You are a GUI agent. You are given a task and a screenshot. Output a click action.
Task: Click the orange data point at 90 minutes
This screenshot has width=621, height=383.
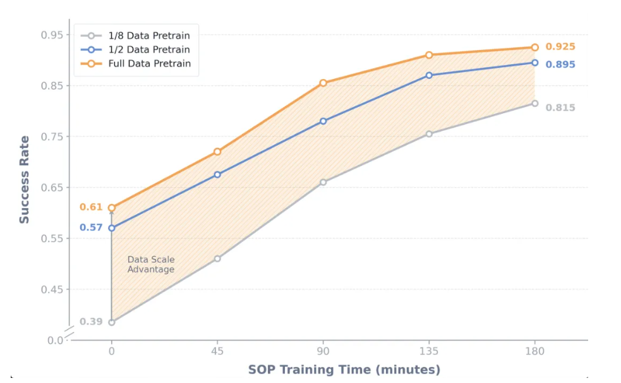(x=323, y=83)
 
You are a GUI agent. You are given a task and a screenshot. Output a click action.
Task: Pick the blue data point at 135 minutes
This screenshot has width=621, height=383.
(x=429, y=75)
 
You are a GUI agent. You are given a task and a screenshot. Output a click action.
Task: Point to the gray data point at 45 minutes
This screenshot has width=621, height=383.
(x=217, y=258)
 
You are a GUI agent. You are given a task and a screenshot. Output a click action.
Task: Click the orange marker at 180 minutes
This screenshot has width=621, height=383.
(x=534, y=47)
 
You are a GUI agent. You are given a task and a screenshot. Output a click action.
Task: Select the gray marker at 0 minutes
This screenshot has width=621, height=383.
(x=112, y=322)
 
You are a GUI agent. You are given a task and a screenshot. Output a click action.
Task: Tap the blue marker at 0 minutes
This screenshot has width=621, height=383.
(x=112, y=228)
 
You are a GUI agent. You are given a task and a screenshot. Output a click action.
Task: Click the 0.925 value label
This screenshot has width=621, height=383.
(x=560, y=47)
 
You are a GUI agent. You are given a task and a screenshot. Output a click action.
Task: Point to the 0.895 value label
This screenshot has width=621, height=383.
(x=560, y=64)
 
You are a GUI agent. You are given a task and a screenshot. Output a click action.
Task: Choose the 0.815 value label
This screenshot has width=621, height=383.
(x=560, y=108)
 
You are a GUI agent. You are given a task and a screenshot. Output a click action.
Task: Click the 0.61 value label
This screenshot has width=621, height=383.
(x=91, y=207)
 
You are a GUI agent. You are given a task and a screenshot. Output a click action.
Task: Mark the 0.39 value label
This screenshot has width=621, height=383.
(x=91, y=322)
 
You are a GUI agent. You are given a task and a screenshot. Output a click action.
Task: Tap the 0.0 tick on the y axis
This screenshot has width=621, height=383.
(x=56, y=341)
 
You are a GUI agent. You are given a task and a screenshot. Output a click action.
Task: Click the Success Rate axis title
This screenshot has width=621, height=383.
(x=25, y=179)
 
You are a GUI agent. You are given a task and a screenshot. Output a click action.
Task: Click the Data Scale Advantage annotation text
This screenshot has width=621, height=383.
(x=151, y=265)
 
